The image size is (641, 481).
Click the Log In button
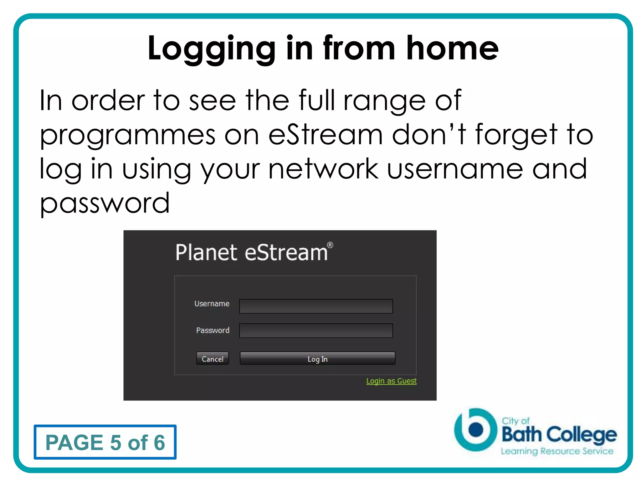coord(317,359)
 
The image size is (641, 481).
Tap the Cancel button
coord(213,359)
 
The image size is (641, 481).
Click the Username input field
coord(316,306)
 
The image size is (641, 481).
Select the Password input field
coord(316,331)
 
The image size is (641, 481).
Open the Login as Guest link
coord(391,381)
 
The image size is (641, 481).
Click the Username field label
coord(212,304)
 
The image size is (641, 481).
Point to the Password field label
coord(213,330)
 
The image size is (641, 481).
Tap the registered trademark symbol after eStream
coord(330,245)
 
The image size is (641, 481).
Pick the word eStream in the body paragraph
coord(326,135)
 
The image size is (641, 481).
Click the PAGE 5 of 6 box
coord(105,442)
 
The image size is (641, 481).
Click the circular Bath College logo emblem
coord(475,430)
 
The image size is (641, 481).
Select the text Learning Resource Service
coord(557,451)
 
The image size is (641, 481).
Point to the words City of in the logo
coord(515,421)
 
